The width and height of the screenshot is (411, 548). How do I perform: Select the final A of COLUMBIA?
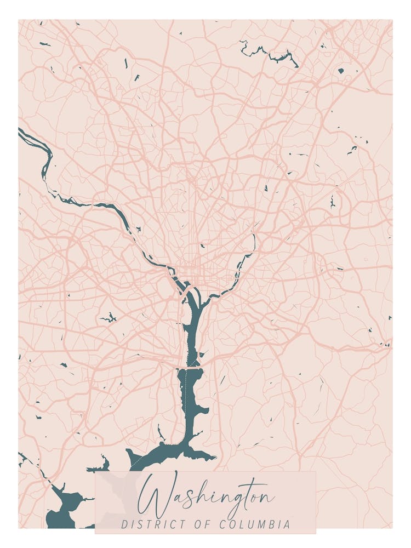288,524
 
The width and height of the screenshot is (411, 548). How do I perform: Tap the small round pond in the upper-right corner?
341,71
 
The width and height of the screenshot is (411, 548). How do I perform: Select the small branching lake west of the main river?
109,317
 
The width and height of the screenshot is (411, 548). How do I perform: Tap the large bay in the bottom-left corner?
63,507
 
